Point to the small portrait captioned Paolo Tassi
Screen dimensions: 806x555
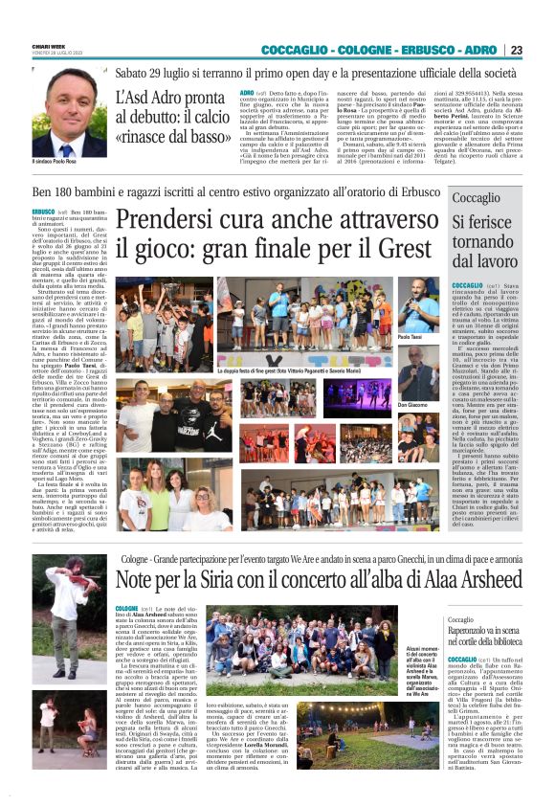pos(418,305)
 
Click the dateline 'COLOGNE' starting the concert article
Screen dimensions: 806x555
pos(127,609)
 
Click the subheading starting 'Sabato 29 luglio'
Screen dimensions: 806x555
pos(316,71)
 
